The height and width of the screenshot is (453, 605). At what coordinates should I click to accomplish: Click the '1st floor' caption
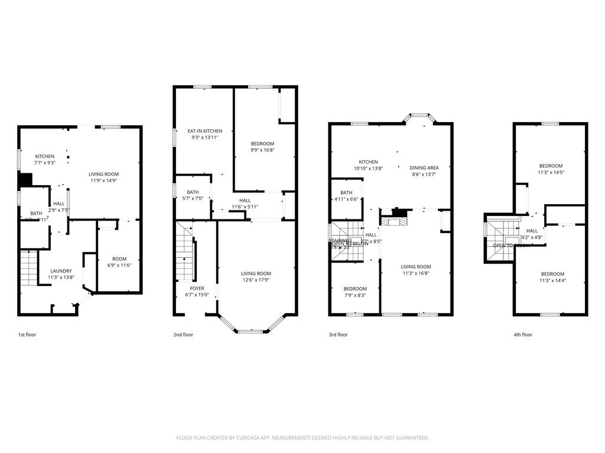27,334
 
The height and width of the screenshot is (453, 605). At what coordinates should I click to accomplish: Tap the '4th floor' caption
523,334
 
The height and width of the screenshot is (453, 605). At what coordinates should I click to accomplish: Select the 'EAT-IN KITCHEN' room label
205,131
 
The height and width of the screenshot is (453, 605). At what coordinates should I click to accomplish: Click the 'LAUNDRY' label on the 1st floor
60,271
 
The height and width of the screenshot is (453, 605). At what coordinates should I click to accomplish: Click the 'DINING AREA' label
424,168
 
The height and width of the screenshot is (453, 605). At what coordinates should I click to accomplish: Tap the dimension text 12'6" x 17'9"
256,280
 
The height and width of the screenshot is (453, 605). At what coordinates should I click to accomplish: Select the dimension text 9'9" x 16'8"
262,150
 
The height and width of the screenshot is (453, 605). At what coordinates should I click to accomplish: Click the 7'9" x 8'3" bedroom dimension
354,296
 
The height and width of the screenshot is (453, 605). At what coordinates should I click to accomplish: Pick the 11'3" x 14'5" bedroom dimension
551,173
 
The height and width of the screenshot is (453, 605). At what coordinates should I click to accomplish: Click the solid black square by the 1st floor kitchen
25,179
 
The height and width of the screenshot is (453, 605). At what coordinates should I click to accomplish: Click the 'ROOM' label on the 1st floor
119,259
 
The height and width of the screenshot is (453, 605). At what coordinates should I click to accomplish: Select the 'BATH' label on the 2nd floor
193,192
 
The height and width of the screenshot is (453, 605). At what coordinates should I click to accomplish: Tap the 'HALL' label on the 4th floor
532,231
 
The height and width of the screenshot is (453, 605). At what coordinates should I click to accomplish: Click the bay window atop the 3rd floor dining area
419,117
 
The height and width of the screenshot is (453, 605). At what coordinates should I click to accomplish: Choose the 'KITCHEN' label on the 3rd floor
368,162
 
